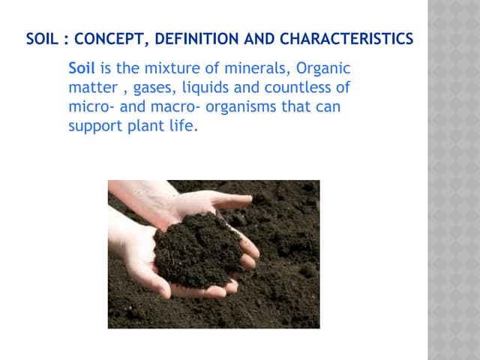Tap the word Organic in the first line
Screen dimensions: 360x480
[324, 68]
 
